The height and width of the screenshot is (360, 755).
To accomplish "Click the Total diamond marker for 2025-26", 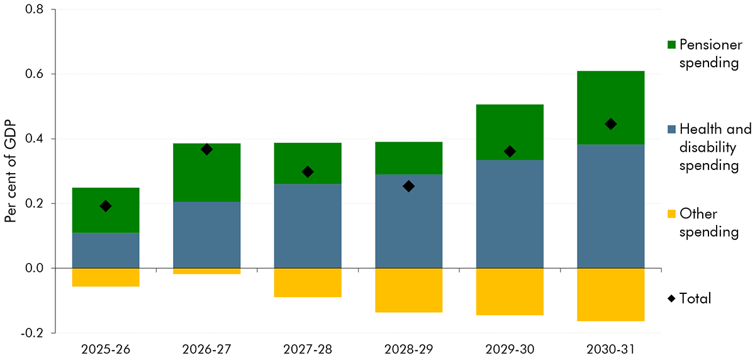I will pos(106,206).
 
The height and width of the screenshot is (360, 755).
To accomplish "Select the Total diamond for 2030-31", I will pos(610,124).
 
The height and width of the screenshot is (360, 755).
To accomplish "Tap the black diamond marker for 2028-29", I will pos(408,186).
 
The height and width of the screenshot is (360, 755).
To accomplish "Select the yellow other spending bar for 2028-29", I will pos(408,290).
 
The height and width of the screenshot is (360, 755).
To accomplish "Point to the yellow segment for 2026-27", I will pos(206,271).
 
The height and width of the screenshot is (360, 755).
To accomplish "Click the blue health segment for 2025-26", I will pos(106,250).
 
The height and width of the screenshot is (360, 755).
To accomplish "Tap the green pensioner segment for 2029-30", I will pos(510,132).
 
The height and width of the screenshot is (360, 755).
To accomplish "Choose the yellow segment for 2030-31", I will pos(610,295).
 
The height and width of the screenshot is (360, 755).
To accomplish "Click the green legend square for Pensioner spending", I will pos(671,45).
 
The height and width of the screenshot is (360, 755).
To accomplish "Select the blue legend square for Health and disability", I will pos(671,130).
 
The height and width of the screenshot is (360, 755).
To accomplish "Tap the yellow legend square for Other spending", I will pos(671,215).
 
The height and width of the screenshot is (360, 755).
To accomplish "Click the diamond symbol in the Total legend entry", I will pos(671,299).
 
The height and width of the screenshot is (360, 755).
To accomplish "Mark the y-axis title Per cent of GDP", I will pos(11,171).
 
